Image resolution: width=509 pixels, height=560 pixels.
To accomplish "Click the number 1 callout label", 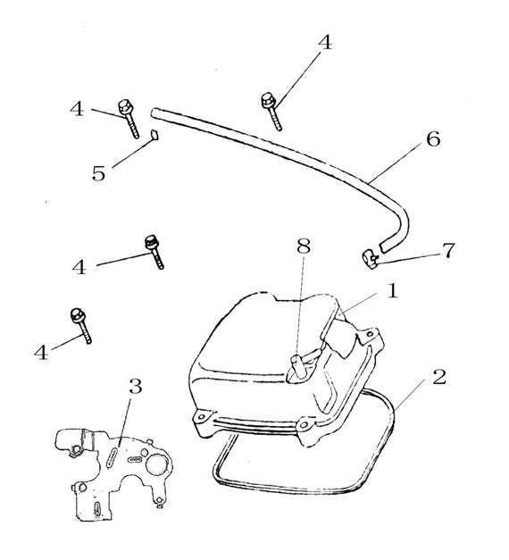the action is click(x=391, y=292).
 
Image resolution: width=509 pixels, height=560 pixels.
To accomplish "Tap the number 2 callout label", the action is click(x=438, y=376).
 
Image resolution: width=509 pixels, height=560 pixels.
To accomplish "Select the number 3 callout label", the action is click(x=135, y=387).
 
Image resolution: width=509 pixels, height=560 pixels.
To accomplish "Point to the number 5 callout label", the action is click(x=98, y=173).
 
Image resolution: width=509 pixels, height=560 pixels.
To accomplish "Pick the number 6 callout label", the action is click(x=432, y=140).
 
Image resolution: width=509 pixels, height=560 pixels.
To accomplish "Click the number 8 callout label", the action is click(x=304, y=247).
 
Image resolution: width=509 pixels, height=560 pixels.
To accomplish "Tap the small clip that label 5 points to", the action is click(x=153, y=135).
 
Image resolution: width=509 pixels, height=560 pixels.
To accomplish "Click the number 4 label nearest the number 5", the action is click(x=77, y=109).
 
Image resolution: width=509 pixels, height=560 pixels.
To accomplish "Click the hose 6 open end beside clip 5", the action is click(x=156, y=113).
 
